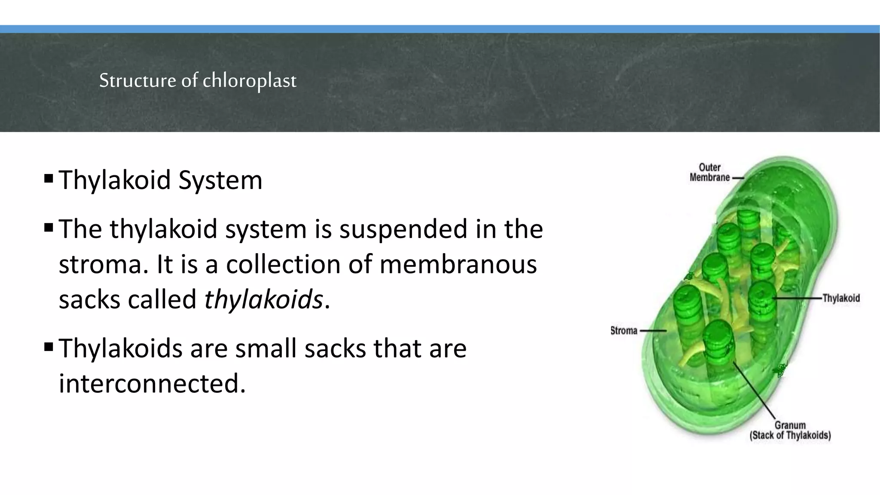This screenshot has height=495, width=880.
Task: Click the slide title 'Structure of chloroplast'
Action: (x=198, y=80)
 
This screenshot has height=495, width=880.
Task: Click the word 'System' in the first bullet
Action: (x=220, y=180)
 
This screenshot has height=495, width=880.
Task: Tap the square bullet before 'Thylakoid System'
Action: (x=49, y=177)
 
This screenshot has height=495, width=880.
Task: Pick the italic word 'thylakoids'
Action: (x=263, y=299)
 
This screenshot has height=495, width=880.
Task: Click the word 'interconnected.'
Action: (x=152, y=383)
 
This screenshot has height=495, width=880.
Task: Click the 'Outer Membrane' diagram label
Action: (x=709, y=172)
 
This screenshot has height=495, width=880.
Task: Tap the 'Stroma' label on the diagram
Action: (x=623, y=330)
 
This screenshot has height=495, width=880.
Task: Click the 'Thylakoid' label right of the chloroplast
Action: (x=841, y=298)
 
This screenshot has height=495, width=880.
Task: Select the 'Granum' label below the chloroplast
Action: (x=790, y=425)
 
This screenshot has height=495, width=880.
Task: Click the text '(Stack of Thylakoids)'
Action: (x=790, y=435)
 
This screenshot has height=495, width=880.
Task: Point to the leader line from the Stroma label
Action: (x=653, y=331)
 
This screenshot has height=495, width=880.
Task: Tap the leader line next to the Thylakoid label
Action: (x=798, y=298)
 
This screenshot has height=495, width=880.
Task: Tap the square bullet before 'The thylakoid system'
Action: (x=49, y=226)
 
